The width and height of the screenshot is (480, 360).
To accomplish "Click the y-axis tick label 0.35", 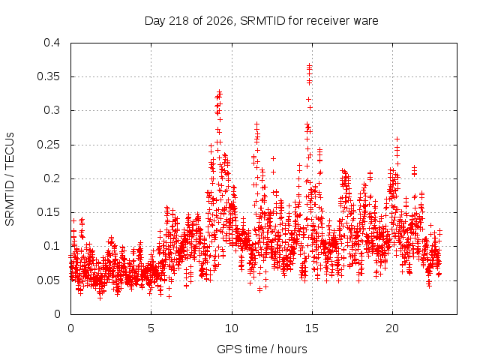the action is (48, 76).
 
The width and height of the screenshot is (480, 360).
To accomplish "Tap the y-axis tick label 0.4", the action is (52, 43).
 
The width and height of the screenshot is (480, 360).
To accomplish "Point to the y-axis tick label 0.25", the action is (48, 145).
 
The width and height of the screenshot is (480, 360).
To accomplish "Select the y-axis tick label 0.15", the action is (48, 212).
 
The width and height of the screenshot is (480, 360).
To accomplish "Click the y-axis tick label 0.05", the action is (48, 280).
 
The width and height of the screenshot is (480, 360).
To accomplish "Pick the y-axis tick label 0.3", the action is (52, 110).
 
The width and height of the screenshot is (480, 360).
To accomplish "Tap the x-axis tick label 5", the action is (151, 328).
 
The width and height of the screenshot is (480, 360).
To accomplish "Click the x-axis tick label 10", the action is (232, 328).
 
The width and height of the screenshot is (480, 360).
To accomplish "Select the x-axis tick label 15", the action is (312, 328).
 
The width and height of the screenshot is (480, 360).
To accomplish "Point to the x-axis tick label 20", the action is (392, 328).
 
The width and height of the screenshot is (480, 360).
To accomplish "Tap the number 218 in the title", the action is (179, 21).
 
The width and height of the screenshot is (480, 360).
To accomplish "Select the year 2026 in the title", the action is (220, 21).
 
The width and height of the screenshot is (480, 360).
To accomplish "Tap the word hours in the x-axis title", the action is (292, 349).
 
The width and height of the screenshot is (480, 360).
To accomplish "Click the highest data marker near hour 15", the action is (310, 65).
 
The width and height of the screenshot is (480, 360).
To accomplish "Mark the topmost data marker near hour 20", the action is (397, 139).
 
